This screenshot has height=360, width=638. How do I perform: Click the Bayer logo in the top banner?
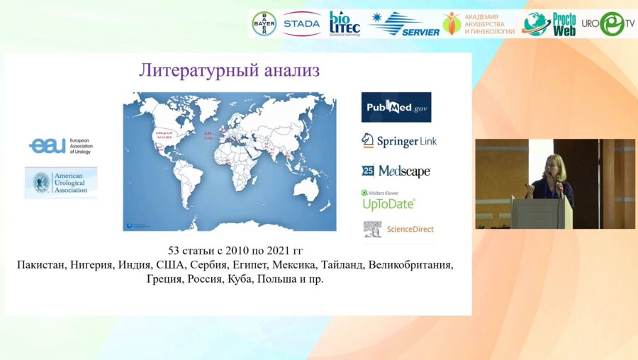[x=264, y=23]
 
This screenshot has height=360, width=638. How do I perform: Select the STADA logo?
[x=301, y=23]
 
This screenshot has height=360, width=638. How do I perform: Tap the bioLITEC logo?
[x=345, y=23]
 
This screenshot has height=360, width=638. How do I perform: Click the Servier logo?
[x=404, y=24]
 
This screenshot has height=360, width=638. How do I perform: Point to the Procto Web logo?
[x=549, y=23]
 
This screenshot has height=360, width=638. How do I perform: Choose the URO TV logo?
[x=608, y=24]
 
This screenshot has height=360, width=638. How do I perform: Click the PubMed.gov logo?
[x=396, y=107]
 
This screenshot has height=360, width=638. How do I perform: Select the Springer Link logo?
[x=399, y=141]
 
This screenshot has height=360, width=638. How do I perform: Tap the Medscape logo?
[x=396, y=171]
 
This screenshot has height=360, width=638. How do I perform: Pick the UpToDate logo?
[x=388, y=201]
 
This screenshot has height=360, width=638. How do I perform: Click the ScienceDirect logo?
[x=398, y=229]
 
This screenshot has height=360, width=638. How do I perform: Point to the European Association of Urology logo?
[x=60, y=146]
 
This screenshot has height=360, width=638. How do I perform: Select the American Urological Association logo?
[x=61, y=183]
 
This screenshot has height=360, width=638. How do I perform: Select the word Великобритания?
[x=410, y=265]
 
